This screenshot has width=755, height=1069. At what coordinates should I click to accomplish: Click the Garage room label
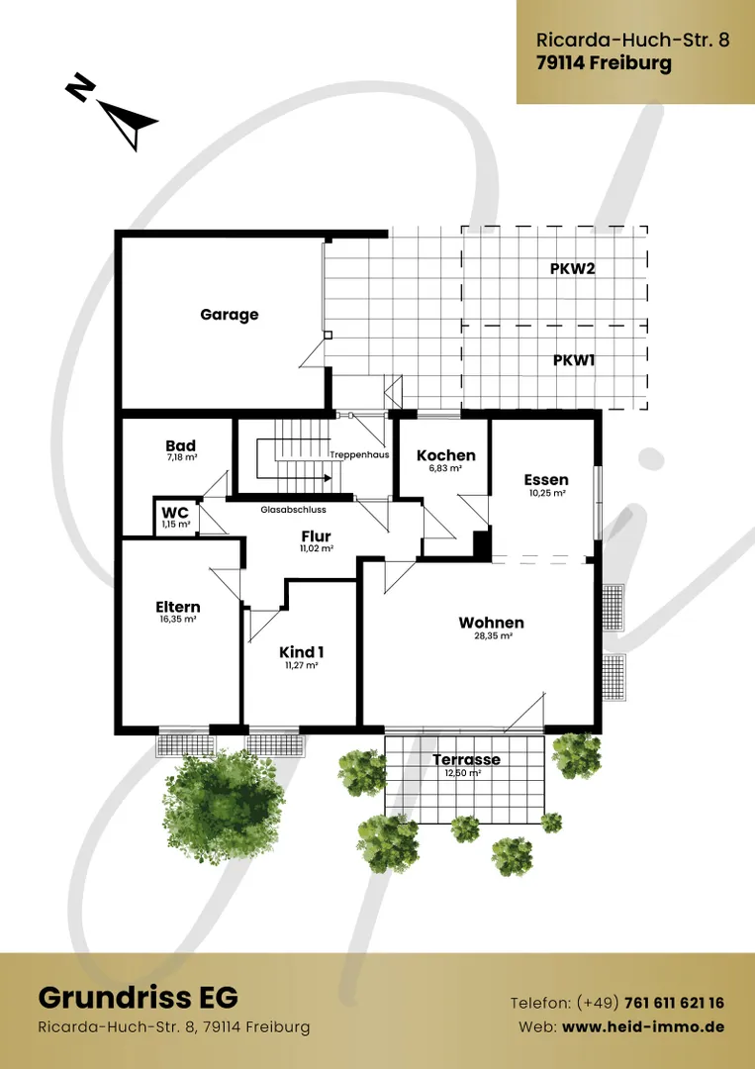pos(229,315)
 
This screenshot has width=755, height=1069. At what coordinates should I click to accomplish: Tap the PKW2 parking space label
pos(572,268)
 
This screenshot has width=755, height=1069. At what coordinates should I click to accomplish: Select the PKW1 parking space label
pos(573,360)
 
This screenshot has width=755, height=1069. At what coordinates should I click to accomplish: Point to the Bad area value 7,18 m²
pos(180,458)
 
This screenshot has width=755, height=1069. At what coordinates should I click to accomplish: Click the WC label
pos(175,513)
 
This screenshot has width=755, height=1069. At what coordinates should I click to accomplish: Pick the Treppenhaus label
pos(359,454)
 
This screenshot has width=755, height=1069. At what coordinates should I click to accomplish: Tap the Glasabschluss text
pos(293,510)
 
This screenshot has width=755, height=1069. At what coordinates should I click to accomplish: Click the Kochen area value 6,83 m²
pos(446,468)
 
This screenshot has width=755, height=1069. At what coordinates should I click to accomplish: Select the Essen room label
pos(546,480)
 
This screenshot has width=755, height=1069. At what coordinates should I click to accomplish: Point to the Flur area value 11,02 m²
pos(317,548)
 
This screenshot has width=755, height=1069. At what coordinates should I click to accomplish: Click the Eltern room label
pos(178,607)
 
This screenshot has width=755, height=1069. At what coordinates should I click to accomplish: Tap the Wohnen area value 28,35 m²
pos(493,635)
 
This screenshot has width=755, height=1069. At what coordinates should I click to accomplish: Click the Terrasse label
pos(467,759)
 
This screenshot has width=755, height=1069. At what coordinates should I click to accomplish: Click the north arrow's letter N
pos(80,89)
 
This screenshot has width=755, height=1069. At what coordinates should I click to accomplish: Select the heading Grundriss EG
pos(139,998)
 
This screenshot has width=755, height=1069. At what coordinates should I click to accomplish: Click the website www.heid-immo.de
pos(643,1026)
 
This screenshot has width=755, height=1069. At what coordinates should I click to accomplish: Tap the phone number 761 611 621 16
pos(675,1003)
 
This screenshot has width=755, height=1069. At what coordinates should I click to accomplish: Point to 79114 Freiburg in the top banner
pos(604,63)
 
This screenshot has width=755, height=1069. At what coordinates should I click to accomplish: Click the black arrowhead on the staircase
pos(328,478)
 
